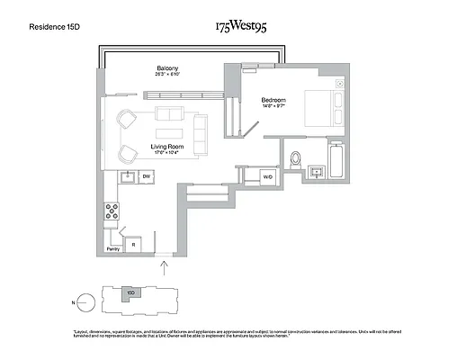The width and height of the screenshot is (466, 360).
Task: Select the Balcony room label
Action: coord(167,68)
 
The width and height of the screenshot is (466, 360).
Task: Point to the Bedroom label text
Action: coord(273,100)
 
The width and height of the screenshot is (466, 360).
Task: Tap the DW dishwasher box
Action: coord(146,177)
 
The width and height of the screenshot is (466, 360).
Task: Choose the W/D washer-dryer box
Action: coord(267,177)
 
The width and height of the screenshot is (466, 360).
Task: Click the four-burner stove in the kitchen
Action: coord(114,212)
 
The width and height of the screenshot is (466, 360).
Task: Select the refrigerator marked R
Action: coord(134,243)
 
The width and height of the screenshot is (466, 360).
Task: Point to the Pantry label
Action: coord(113,248)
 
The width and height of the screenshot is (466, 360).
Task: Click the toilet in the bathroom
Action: coord(296,158)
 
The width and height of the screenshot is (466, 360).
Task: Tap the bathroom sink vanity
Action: coord(318,171)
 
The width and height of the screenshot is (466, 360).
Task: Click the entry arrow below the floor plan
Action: coord(164,265)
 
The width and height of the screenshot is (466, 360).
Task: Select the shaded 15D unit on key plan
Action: coord(131,293)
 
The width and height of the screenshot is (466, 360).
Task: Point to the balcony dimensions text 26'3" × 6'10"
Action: coord(167,75)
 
